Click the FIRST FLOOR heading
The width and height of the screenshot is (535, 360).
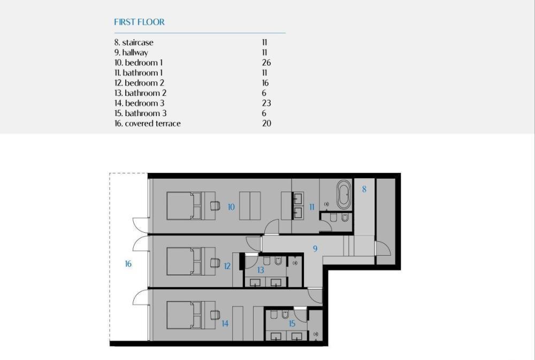click(139, 22)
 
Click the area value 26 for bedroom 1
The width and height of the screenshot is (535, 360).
click(266, 63)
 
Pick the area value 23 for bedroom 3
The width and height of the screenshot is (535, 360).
click(266, 103)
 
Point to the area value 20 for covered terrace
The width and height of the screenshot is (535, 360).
click(266, 124)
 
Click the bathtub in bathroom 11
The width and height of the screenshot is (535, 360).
click(343, 195)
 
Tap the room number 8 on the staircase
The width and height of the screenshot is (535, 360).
click(364, 189)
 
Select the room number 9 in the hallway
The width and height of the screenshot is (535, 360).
click(315, 249)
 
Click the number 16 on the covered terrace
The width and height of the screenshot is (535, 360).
click(128, 264)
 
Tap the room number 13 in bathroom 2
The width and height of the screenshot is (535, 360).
click(261, 270)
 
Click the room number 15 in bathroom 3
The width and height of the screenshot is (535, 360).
click(292, 324)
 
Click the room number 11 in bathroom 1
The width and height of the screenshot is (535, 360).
click(312, 206)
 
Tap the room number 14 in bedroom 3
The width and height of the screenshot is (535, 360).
click(225, 324)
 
